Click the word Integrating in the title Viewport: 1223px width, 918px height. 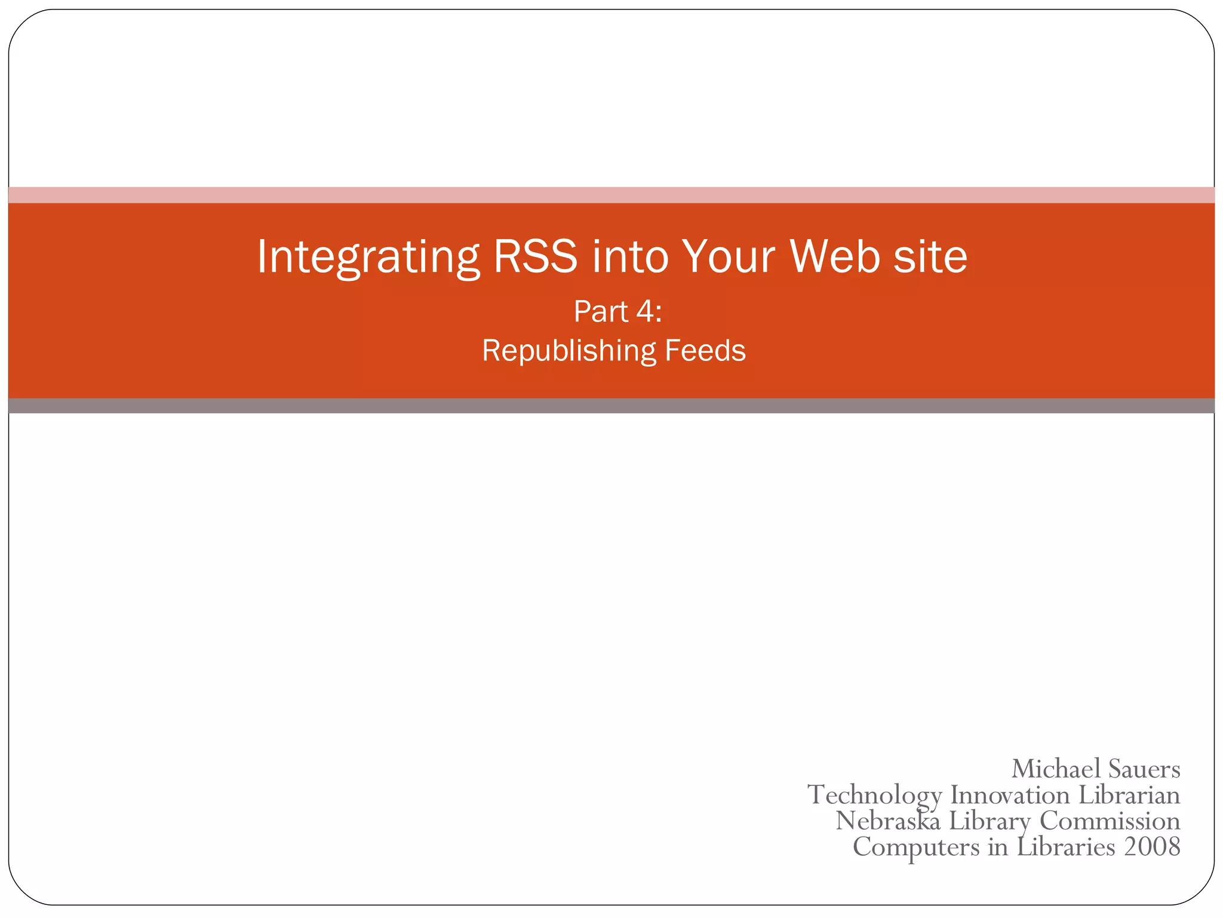(368, 258)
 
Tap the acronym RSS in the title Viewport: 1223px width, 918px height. (536, 256)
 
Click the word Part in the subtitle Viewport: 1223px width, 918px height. (601, 311)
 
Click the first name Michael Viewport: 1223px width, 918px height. (1055, 769)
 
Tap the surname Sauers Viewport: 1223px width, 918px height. (1144, 769)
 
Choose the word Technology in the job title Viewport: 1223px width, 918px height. (874, 795)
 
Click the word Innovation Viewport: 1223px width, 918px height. (1010, 795)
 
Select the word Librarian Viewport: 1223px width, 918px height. (1129, 795)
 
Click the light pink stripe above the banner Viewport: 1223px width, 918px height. (611, 195)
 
